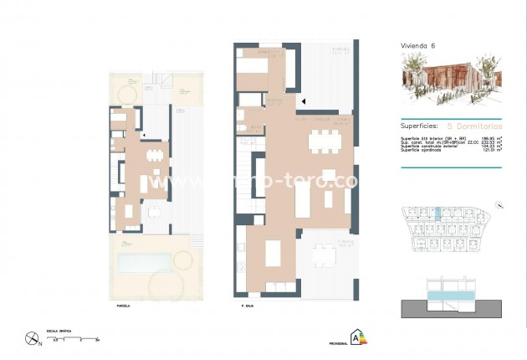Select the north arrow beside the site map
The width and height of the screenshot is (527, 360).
[x=499, y=203]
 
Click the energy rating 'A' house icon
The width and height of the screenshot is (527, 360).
[x=360, y=337]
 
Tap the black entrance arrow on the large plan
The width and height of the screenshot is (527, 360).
[x=304, y=101]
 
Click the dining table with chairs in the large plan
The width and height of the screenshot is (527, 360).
[x=325, y=141]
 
